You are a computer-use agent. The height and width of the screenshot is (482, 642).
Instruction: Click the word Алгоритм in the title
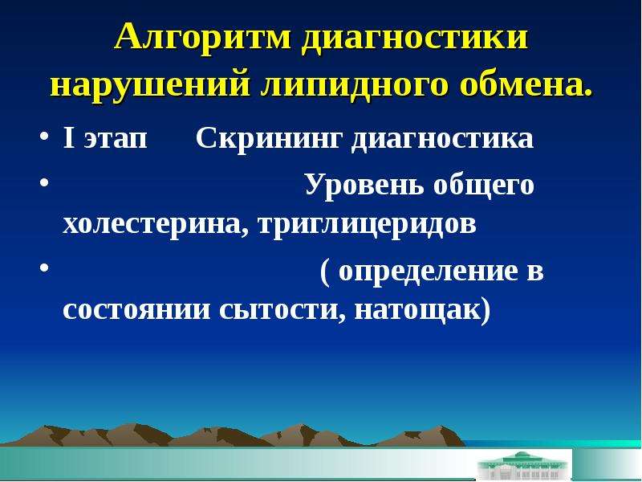[203, 39]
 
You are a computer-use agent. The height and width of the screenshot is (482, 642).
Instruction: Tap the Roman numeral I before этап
[69, 138]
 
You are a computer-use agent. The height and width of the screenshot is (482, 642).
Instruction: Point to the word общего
[484, 186]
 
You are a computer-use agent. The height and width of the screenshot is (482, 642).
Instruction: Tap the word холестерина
[156, 225]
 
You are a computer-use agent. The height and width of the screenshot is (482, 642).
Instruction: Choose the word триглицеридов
[368, 226]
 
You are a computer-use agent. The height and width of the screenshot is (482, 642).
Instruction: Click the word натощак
[417, 311]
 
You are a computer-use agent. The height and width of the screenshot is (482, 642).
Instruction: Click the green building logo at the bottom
[524, 467]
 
